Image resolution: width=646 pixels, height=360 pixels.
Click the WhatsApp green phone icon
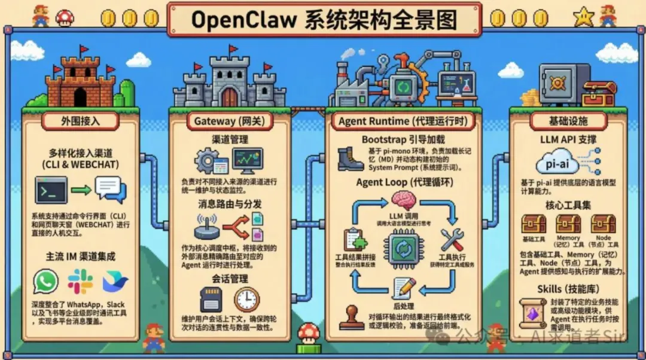46,282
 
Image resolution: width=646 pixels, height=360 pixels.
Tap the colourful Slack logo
80,282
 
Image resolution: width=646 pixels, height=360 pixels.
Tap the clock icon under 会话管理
246,299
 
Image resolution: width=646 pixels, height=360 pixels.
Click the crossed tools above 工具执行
453,240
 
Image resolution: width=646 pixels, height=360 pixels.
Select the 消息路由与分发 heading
230,203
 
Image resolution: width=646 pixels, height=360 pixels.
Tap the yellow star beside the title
582,18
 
